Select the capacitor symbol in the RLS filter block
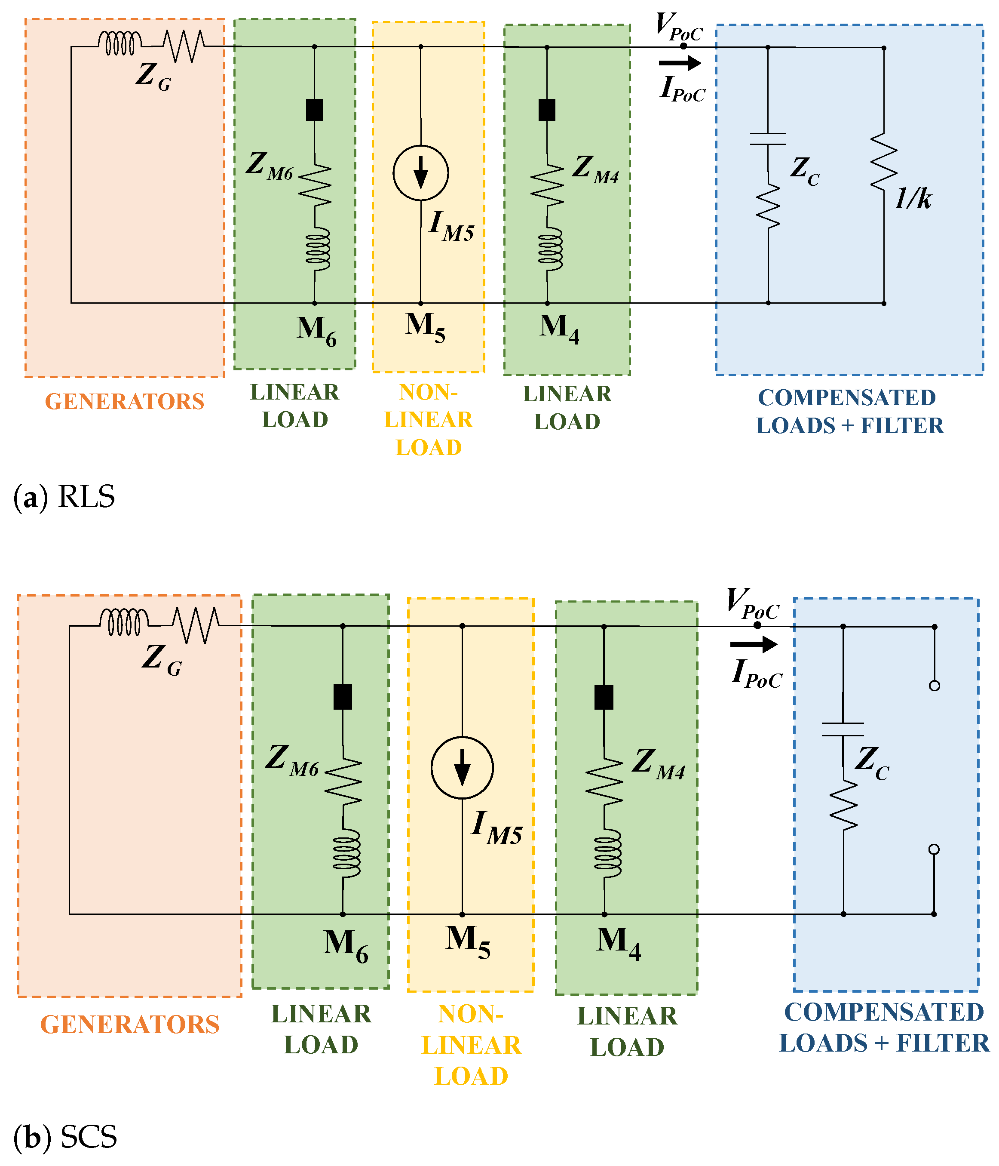(767, 139)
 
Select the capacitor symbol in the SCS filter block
(842, 729)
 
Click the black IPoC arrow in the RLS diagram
(680, 63)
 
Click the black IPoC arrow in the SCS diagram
(753, 644)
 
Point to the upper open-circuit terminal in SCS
(935, 686)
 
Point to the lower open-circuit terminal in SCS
(934, 849)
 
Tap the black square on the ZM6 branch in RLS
(314, 110)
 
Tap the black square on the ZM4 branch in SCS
(604, 697)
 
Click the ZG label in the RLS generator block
(153, 76)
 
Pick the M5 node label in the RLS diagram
(425, 327)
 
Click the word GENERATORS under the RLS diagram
(124, 402)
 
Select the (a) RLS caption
(64, 497)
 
